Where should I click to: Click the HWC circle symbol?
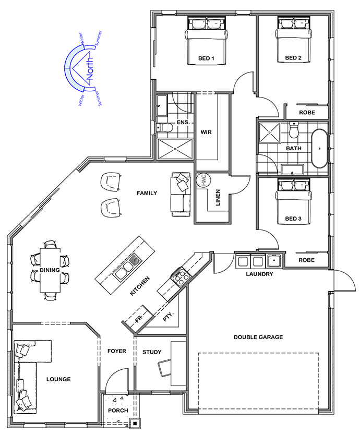203,180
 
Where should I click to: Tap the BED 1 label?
206,58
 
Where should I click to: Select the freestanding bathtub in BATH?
319,149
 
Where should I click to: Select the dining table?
50,270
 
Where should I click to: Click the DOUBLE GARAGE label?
258,337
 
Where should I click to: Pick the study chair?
165,368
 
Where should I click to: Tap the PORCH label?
118,410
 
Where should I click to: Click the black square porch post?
135,424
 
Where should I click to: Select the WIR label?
206,132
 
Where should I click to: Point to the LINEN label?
218,198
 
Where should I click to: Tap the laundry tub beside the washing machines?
274,261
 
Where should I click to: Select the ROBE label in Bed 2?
307,113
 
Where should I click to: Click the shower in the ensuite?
175,149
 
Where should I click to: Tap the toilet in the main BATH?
293,130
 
